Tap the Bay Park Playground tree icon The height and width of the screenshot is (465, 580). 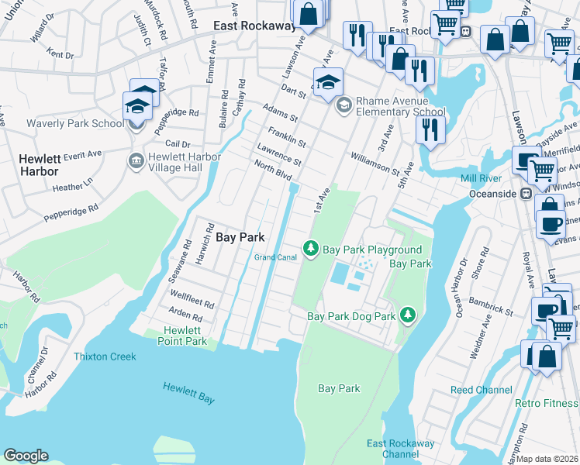click(311, 248)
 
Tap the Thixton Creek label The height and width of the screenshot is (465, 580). click(105, 356)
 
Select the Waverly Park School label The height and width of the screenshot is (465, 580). click(75, 123)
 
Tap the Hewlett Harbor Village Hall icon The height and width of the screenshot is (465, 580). click(135, 161)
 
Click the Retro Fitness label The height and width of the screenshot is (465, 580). click(547, 403)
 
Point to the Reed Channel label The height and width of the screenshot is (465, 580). click(481, 390)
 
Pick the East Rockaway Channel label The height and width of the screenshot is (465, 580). click(401, 448)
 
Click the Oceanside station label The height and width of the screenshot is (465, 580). click(493, 193)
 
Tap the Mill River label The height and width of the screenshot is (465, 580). click(483, 178)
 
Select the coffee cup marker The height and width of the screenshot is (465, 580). click(550, 225)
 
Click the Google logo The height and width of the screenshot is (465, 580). click(26, 456)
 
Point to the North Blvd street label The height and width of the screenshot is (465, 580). click(273, 168)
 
